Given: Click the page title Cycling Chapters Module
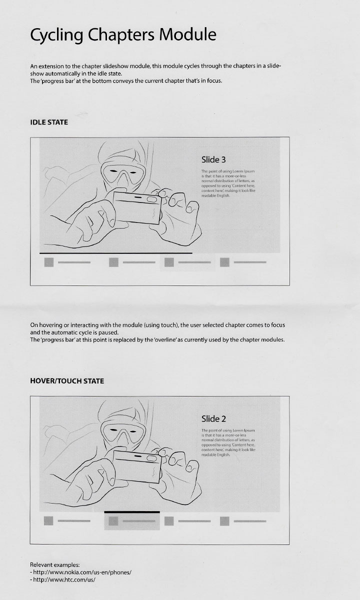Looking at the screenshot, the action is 123,35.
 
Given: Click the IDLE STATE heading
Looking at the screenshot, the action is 49,122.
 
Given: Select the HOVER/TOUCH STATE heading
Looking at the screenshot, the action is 67,381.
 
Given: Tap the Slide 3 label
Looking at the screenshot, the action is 213,159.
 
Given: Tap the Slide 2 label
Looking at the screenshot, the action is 213,418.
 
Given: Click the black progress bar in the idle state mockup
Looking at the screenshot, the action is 115,253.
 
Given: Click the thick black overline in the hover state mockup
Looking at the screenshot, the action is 132,512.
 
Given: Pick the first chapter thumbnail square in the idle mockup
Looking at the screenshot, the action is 49,262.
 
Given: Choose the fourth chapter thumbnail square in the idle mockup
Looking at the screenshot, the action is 224,262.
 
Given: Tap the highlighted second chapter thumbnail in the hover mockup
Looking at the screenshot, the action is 113,521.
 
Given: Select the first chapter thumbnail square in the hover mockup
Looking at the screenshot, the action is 48,521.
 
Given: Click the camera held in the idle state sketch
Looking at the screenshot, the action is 137,208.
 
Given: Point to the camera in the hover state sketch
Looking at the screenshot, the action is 137,466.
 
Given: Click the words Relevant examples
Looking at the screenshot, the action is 54,565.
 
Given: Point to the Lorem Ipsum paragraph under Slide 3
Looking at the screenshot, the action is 228,183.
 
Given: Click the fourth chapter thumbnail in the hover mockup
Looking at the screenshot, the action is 224,521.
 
